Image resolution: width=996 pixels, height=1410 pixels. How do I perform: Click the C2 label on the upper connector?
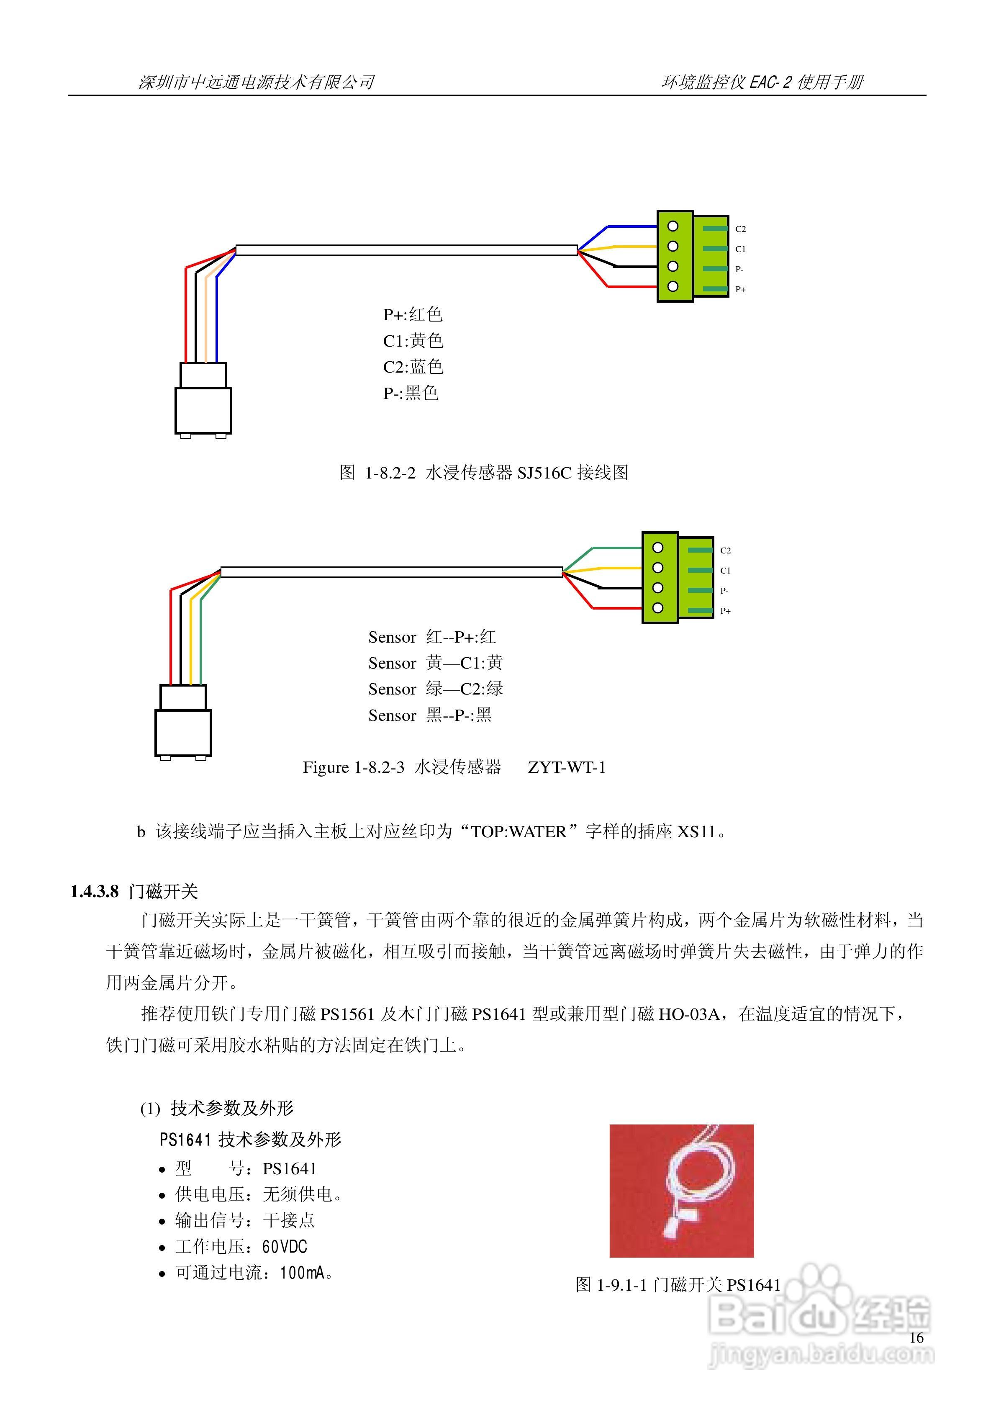741,229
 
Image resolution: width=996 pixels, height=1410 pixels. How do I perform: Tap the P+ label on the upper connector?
741,289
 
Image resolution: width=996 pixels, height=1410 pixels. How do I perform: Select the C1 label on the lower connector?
725,571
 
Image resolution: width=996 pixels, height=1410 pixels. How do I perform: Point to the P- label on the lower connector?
724,591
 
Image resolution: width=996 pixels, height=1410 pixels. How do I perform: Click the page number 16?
916,1338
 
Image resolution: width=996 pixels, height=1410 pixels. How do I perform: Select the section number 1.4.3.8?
95,892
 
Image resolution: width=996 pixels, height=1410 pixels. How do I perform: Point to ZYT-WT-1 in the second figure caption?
566,768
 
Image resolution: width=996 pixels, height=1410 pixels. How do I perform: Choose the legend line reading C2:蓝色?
413,367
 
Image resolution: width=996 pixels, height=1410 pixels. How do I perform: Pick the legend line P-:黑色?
410,393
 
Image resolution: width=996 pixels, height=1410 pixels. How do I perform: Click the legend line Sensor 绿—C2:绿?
435,689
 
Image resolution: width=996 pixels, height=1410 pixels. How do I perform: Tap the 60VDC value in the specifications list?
284,1247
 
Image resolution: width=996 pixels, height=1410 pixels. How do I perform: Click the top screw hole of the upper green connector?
673,226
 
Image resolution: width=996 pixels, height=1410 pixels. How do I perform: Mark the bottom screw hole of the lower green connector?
658,608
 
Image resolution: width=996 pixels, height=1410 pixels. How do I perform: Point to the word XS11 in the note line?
696,831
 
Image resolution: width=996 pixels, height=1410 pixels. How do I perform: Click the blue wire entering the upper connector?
632,226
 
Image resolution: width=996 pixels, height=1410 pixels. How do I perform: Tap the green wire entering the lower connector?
617,548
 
